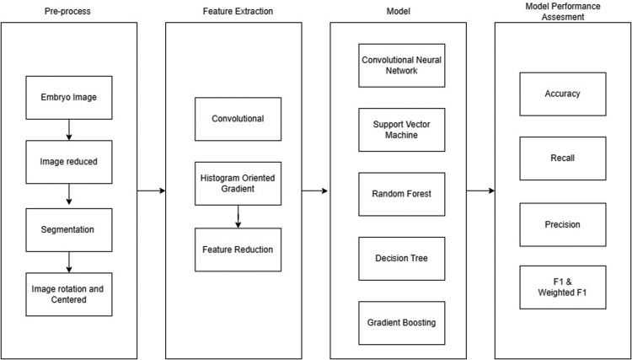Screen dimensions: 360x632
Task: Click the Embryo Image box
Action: click(x=68, y=98)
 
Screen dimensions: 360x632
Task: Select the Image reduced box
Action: click(x=68, y=162)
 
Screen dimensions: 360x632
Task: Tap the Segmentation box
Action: click(x=68, y=228)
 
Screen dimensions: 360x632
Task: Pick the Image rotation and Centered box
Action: click(x=68, y=294)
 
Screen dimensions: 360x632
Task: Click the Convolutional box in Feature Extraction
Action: click(x=238, y=119)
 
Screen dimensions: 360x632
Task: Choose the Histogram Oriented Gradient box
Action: click(x=238, y=184)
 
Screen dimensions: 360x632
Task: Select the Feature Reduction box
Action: click(x=238, y=250)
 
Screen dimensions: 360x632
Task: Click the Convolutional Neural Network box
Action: click(x=400, y=65)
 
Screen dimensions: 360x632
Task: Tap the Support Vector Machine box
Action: click(x=400, y=129)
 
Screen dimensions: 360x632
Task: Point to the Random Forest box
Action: click(x=400, y=194)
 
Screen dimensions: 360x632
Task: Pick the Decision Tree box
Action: click(x=400, y=258)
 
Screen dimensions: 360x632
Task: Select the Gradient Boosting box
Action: click(x=400, y=323)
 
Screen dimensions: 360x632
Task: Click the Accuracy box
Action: click(x=562, y=94)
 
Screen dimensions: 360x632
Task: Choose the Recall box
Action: click(x=562, y=159)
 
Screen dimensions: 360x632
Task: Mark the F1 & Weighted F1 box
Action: click(x=562, y=287)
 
